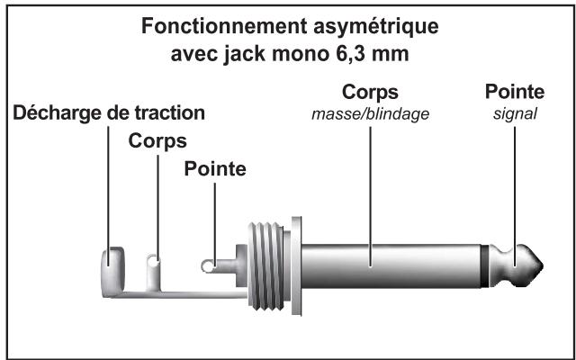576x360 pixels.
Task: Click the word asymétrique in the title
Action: coord(375,28)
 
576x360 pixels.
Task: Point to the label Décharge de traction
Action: coord(108,113)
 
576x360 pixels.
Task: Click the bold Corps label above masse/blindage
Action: coord(369,93)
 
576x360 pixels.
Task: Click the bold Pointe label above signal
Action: coord(514,93)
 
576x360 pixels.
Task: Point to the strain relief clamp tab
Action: coord(109,264)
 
